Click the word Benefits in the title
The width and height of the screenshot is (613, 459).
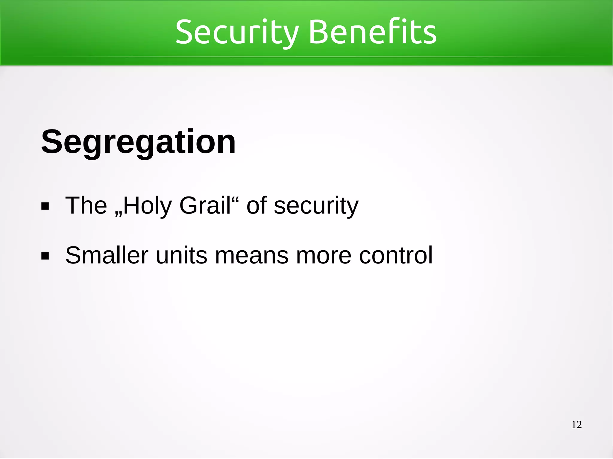[372, 32]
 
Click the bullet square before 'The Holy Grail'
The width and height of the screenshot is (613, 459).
[45, 206]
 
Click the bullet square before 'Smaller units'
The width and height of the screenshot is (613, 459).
[45, 256]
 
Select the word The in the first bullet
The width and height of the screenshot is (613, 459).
[86, 205]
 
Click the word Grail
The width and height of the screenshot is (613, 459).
[205, 205]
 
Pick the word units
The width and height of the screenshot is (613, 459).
[181, 255]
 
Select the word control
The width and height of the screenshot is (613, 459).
[396, 255]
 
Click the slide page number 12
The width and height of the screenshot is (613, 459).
[576, 425]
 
